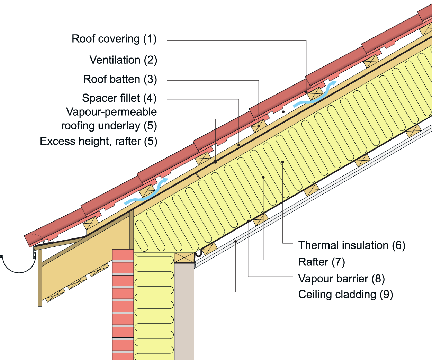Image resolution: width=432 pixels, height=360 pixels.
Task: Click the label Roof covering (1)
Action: (x=114, y=39)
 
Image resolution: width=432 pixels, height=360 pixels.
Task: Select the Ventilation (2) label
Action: (x=123, y=60)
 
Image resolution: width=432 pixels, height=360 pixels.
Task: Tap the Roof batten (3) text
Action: (x=120, y=79)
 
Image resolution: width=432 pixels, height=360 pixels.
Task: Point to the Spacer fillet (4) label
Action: (x=119, y=98)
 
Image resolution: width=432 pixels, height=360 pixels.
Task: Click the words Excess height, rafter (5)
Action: (x=98, y=141)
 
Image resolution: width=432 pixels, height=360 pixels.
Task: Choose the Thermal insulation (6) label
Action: (x=351, y=245)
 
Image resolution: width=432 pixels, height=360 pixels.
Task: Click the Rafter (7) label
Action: (x=322, y=262)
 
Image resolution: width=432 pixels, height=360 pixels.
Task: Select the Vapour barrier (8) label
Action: (x=341, y=279)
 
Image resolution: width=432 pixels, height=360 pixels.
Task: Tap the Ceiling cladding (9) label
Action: (x=345, y=295)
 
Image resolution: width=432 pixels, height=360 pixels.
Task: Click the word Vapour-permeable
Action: (x=111, y=112)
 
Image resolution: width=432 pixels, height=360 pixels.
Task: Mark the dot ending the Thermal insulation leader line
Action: (x=283, y=162)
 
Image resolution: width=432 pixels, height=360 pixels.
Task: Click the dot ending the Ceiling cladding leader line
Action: (x=236, y=241)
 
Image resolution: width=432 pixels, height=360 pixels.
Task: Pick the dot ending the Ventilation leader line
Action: (x=283, y=111)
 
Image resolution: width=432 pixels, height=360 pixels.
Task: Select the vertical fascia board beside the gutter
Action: (x=40, y=277)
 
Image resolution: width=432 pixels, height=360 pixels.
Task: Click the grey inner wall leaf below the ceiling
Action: (x=184, y=312)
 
